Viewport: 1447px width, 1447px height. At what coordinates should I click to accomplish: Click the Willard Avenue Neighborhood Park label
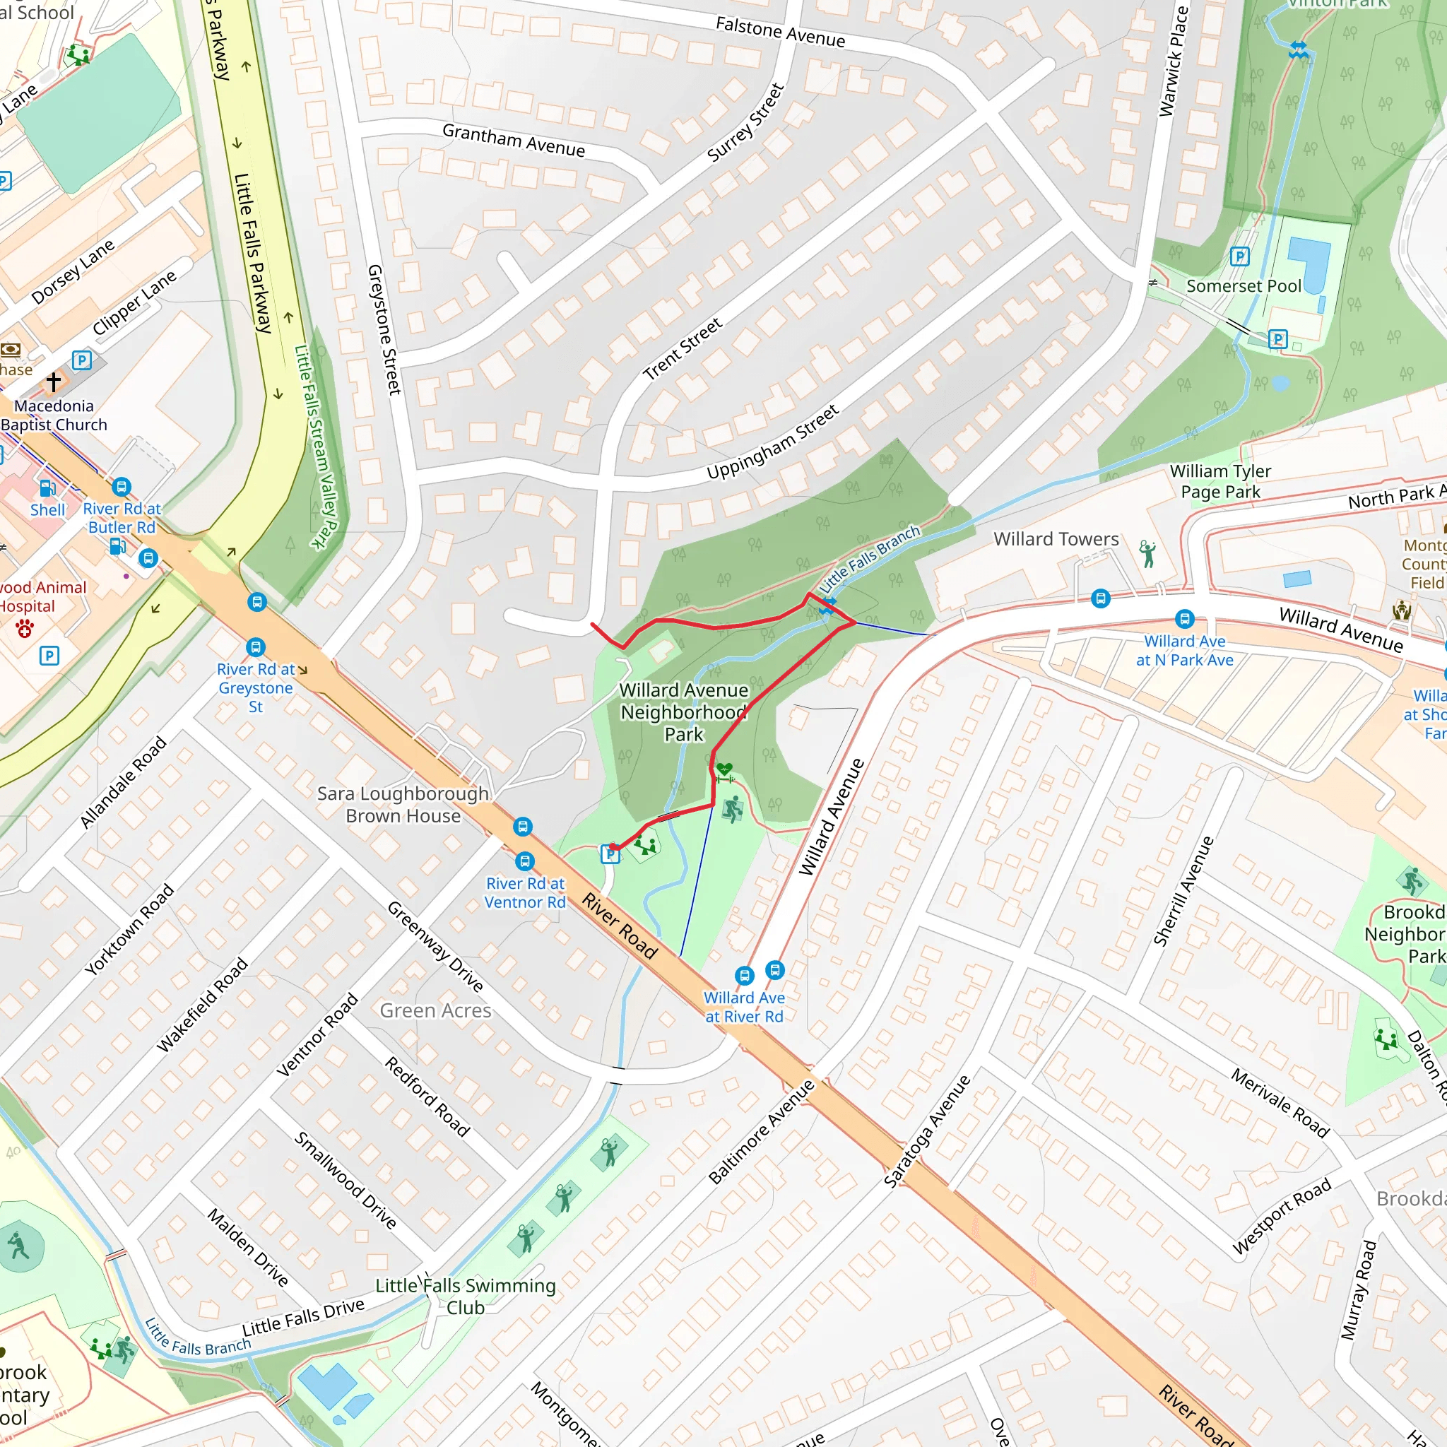(x=683, y=711)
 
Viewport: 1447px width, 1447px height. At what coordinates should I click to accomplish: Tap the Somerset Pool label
(x=1244, y=286)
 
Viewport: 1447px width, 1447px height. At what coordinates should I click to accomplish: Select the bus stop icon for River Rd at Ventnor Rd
(x=525, y=861)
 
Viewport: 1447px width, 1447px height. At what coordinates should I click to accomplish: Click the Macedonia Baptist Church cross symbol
(x=53, y=382)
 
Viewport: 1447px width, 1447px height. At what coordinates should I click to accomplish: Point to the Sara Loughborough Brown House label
(x=403, y=804)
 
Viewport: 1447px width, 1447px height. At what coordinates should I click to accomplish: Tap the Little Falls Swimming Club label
(x=465, y=1297)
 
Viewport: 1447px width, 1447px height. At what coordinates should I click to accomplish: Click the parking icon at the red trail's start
(x=610, y=854)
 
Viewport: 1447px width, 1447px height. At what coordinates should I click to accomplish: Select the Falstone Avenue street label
(x=781, y=33)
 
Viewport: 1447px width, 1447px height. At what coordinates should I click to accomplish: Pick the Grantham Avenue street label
(x=513, y=140)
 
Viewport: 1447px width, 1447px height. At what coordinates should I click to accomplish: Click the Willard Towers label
(x=1056, y=539)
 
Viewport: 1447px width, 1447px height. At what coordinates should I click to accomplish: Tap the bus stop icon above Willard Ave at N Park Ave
(x=1184, y=619)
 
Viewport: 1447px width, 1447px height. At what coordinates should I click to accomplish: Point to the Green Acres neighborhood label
(x=435, y=1011)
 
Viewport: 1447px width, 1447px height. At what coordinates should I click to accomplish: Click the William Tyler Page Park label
(x=1220, y=481)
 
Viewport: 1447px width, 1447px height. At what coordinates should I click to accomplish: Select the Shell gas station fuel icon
(x=47, y=489)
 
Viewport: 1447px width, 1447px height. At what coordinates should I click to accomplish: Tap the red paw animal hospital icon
(x=25, y=628)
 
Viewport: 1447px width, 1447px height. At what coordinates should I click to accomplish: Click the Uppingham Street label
(x=772, y=442)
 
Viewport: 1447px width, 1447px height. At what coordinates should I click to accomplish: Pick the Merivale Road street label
(x=1280, y=1102)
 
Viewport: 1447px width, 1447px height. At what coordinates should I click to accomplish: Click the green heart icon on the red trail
(x=723, y=769)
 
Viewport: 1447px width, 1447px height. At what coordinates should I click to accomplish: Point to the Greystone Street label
(x=384, y=329)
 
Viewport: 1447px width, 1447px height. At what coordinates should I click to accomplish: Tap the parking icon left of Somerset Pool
(x=1239, y=257)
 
